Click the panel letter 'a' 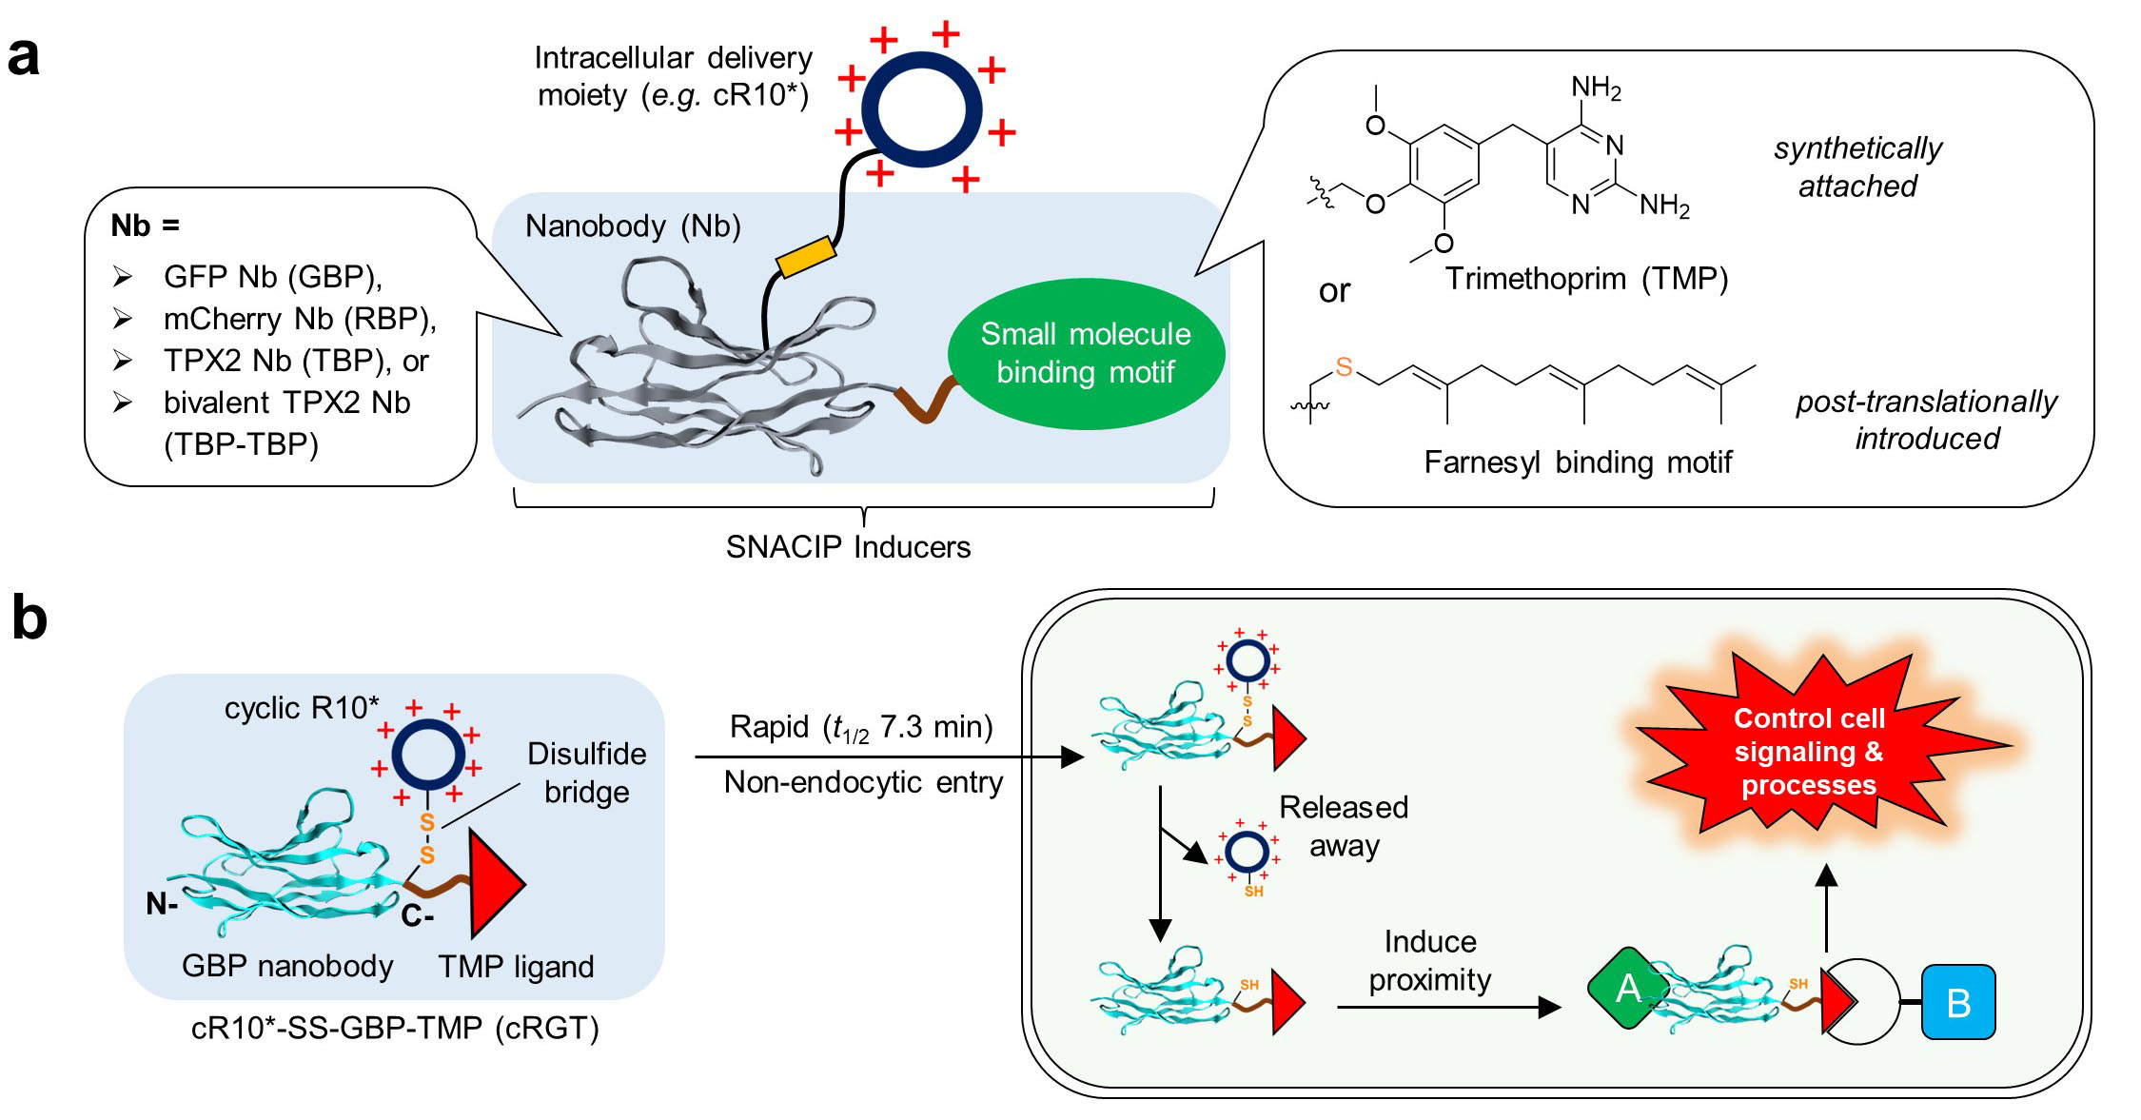click(24, 57)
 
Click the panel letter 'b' click(29, 619)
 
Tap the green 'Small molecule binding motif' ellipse click(1086, 353)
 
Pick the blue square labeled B click(1958, 1002)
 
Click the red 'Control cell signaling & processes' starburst click(1809, 752)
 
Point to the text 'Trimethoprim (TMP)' click(1586, 279)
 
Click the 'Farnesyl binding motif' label click(1578, 462)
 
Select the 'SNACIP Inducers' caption click(848, 547)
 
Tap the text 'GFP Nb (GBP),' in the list click(273, 277)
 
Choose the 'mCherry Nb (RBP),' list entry click(300, 319)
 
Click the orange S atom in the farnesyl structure click(1344, 366)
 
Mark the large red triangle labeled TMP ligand click(493, 883)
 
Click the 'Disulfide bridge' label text click(586, 773)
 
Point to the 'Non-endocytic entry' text click(863, 782)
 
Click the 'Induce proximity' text click(1430, 960)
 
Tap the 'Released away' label click(1343, 826)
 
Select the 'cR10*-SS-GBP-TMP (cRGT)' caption click(395, 1029)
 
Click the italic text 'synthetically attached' click(1857, 167)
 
